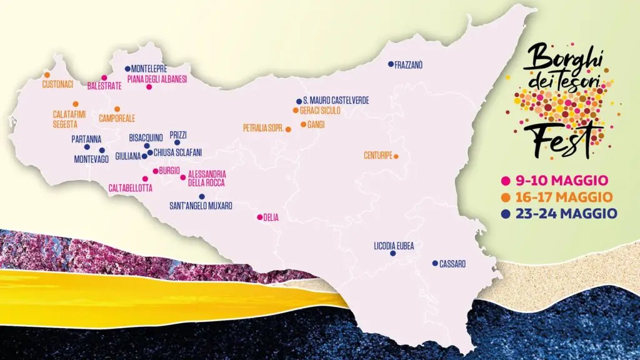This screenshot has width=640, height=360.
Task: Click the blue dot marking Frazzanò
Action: (391, 64)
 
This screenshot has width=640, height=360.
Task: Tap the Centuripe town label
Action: (377, 156)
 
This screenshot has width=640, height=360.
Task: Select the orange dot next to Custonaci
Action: (47, 75)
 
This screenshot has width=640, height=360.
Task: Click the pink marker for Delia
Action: (259, 217)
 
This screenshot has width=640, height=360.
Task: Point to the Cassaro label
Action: (452, 264)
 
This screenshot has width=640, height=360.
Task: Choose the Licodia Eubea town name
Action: (394, 246)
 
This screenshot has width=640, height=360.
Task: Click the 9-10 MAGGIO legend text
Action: (562, 181)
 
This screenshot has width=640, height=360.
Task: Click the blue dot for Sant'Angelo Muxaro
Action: (202, 196)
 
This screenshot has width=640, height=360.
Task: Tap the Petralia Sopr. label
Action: (263, 128)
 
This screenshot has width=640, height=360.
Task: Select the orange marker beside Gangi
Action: (303, 124)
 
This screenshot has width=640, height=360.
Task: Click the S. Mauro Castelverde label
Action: (336, 101)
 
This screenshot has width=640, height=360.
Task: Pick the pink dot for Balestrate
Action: (104, 78)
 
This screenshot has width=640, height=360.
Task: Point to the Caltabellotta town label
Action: (130, 187)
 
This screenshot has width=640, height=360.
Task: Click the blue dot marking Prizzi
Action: (177, 142)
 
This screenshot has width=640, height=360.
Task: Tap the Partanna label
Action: (86, 139)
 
